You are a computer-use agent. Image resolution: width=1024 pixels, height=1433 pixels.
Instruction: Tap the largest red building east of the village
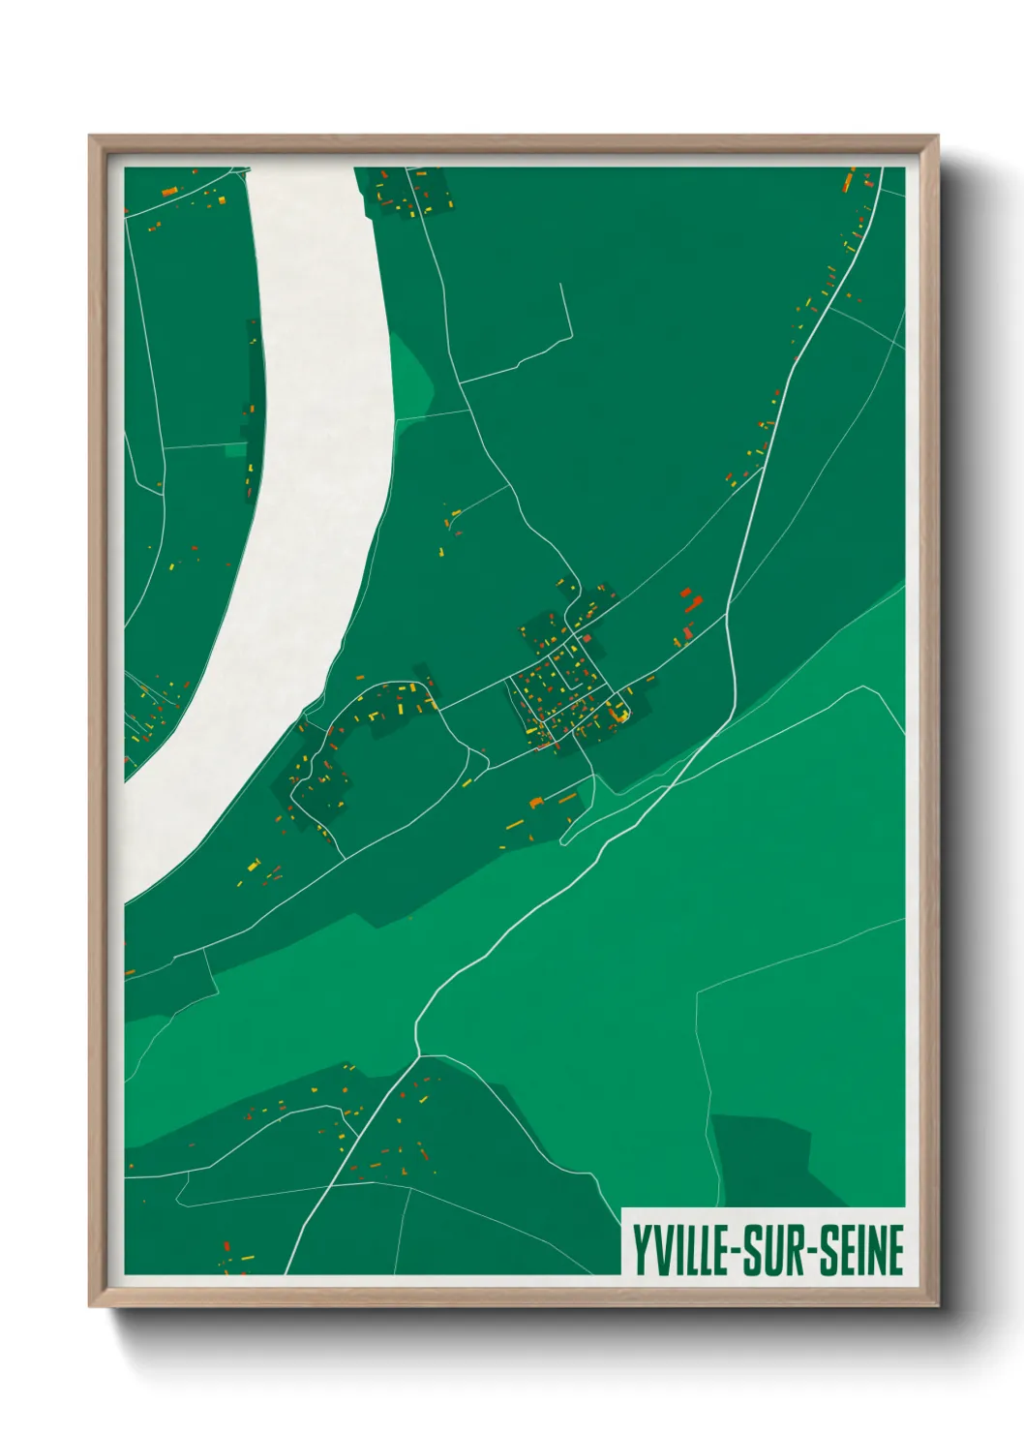690,601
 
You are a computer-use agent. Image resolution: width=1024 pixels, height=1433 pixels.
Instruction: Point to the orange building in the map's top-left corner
167,192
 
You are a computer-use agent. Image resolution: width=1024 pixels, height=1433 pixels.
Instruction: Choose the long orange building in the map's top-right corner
850,180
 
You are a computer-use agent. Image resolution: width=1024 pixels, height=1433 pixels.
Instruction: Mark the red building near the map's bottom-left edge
226,1246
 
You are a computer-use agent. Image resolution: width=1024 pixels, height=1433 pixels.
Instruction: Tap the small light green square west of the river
235,450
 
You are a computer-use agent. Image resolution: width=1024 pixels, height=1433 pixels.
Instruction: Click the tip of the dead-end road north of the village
560,285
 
